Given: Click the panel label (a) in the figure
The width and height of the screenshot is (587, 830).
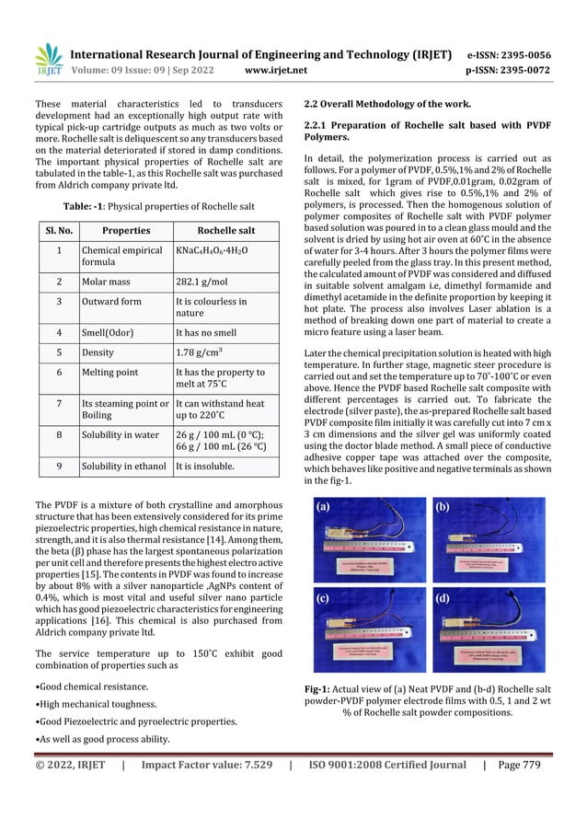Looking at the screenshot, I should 325,507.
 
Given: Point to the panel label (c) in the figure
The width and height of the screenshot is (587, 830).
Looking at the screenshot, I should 325,597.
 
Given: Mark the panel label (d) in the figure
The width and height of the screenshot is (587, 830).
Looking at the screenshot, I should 443,597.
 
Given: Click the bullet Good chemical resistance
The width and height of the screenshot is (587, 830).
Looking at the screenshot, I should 91,686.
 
